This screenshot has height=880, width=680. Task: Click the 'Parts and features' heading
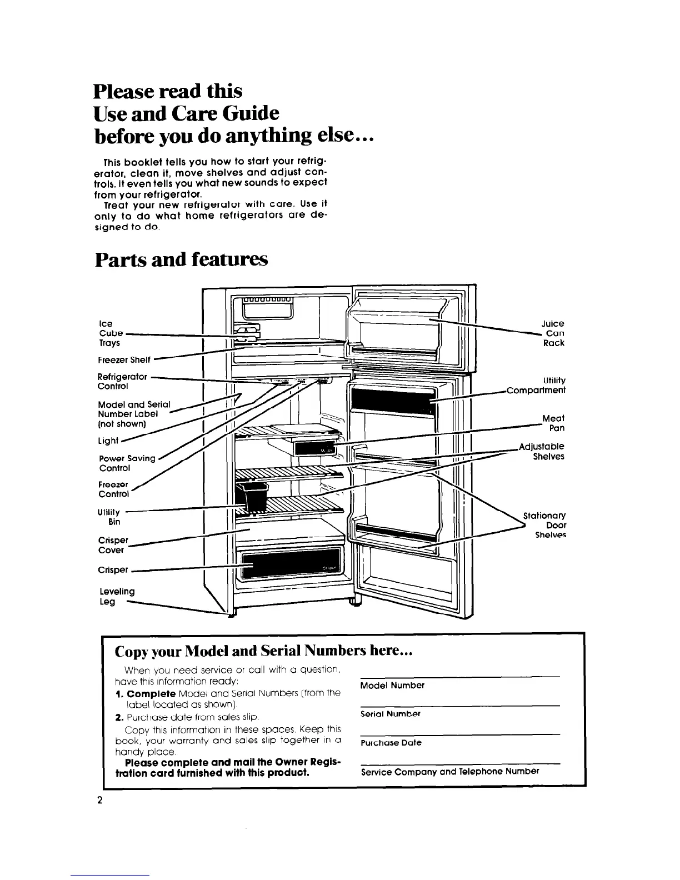tap(181, 259)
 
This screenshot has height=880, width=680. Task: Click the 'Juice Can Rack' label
tap(553, 333)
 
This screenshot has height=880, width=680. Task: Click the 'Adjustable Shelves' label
tap(542, 451)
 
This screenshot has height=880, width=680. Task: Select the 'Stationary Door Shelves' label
tap(545, 525)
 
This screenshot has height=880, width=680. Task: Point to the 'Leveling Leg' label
tap(116, 596)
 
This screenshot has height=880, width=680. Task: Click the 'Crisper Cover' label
tap(113, 545)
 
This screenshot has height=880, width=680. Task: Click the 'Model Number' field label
tap(392, 686)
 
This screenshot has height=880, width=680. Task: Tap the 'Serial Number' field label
tap(390, 713)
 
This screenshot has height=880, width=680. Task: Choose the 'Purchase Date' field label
tap(391, 742)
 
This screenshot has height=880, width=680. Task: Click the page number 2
tap(99, 800)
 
